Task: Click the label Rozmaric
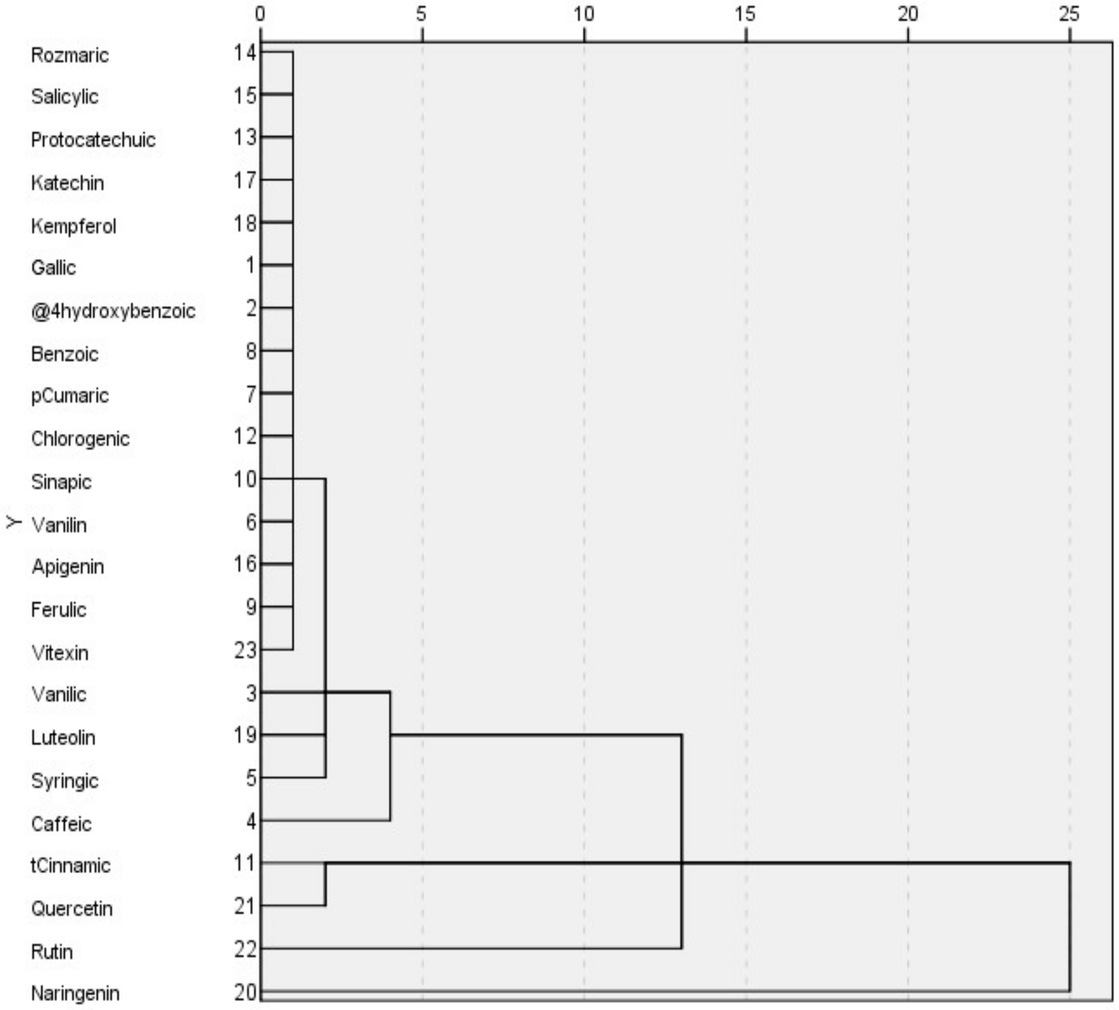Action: pyautogui.click(x=69, y=55)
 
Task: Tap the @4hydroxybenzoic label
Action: pyautogui.click(x=113, y=311)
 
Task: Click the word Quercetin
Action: pyautogui.click(x=72, y=909)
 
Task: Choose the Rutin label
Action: pyautogui.click(x=51, y=952)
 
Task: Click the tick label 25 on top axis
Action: pyautogui.click(x=1069, y=14)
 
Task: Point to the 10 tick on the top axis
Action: pyautogui.click(x=583, y=14)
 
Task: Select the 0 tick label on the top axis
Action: pyautogui.click(x=260, y=14)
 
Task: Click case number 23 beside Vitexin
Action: pyautogui.click(x=245, y=650)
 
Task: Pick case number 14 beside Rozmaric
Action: pyautogui.click(x=245, y=53)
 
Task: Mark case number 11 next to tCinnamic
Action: pyautogui.click(x=245, y=863)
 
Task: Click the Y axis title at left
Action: pyautogui.click(x=13, y=522)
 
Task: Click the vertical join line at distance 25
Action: pyautogui.click(x=1069, y=927)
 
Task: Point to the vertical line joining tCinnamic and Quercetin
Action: pyautogui.click(x=325, y=885)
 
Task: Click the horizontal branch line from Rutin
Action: pyautogui.click(x=472, y=948)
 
